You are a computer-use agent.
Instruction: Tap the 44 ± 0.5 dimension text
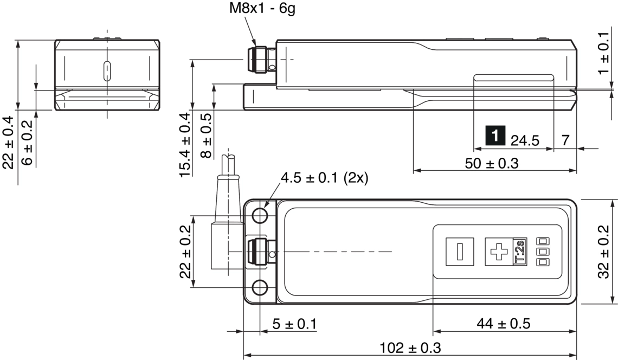(x=504, y=324)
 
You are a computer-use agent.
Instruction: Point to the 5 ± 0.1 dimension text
(x=294, y=324)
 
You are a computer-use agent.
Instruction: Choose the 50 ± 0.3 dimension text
(x=492, y=163)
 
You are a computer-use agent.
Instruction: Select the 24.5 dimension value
(x=525, y=141)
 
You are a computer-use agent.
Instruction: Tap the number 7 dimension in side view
(x=565, y=140)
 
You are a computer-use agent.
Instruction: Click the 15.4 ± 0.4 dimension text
(x=185, y=145)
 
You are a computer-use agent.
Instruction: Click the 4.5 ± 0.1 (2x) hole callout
(x=324, y=178)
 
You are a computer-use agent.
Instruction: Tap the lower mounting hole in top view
(x=260, y=288)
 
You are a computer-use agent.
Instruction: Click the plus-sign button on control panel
(x=498, y=252)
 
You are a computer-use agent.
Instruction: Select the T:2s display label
(x=519, y=252)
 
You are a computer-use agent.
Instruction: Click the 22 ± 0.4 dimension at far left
(x=8, y=143)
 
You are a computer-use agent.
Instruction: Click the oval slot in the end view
(x=107, y=71)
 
